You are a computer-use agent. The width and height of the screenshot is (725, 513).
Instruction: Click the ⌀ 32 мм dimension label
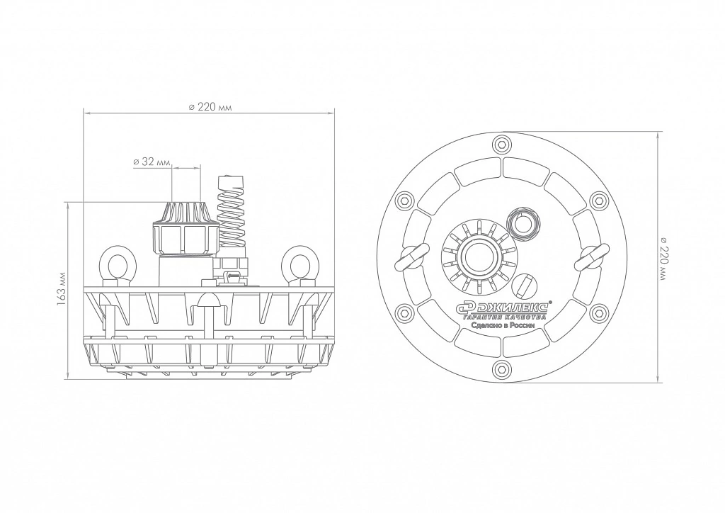coord(152,162)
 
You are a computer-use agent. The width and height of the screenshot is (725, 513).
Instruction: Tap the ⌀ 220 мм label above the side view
coord(210,107)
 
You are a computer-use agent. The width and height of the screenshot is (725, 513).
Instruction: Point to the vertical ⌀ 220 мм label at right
coord(664,258)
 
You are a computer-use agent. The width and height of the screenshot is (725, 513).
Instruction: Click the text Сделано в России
coord(503,325)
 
